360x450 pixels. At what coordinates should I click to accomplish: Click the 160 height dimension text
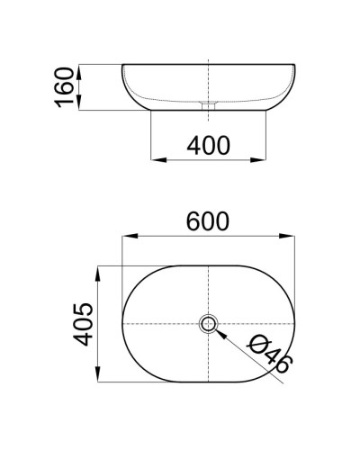click(x=64, y=86)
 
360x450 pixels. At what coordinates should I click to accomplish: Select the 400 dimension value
click(x=209, y=144)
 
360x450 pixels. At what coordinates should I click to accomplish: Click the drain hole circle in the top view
click(x=209, y=323)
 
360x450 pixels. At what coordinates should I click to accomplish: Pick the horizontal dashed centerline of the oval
click(x=162, y=323)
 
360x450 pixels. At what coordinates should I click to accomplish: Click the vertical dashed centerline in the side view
click(x=209, y=81)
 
